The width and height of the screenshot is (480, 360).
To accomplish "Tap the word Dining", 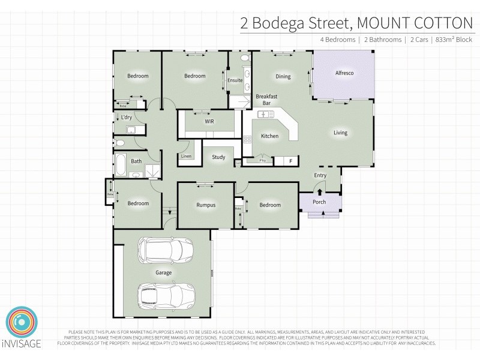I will [283, 77].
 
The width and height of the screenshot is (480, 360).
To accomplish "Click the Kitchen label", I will [269, 136].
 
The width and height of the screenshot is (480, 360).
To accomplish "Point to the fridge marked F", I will [291, 161].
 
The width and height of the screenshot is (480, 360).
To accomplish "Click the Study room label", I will [218, 157].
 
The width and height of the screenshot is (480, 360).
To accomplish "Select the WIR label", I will [209, 121].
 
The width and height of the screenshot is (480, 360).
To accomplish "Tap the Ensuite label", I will [235, 80].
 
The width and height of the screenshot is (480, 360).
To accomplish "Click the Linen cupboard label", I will [187, 157].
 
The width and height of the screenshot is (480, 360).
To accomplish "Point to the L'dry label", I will [127, 118].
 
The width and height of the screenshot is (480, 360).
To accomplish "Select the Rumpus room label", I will [206, 205].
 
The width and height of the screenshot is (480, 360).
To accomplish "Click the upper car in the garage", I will [164, 250].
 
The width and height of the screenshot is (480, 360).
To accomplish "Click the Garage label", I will [164, 273].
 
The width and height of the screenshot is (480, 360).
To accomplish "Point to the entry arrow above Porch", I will [319, 192].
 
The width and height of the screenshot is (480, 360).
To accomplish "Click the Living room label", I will [341, 133].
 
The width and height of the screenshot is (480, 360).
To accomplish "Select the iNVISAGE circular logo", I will [22, 325].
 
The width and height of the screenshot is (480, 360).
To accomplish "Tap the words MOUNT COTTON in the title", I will [415, 23].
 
